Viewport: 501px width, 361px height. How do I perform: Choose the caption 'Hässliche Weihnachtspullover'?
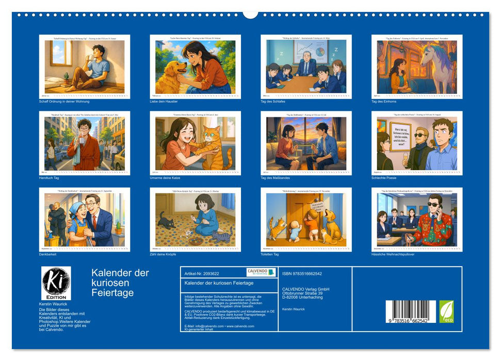pyautogui.click(x=393, y=254)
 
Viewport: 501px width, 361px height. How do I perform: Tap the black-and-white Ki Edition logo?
pyautogui.click(x=55, y=283)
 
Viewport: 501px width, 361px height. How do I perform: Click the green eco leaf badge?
pyautogui.click(x=446, y=311)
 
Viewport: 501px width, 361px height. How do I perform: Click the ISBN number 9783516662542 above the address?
pyautogui.click(x=306, y=273)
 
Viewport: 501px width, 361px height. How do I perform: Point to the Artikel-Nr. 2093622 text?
pyautogui.click(x=205, y=273)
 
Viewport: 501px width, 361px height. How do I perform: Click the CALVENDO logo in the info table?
pyautogui.click(x=261, y=272)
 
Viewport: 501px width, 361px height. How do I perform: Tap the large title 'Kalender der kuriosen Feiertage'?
pyautogui.click(x=120, y=283)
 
